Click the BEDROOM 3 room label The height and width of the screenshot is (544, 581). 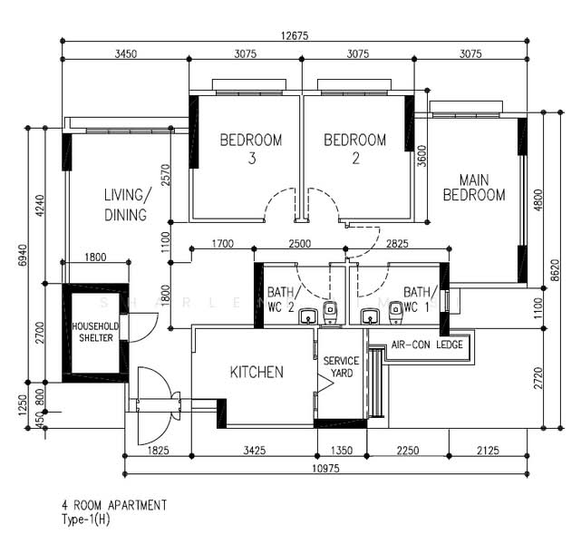(x=251, y=150)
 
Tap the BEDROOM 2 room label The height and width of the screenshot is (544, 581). (x=354, y=150)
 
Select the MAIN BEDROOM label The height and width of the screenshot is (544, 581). (x=473, y=188)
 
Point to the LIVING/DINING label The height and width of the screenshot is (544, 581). (x=125, y=205)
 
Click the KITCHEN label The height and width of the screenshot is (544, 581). (x=257, y=372)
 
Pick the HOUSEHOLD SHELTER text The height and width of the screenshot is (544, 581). (x=93, y=332)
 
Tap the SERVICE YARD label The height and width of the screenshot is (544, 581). (x=341, y=367)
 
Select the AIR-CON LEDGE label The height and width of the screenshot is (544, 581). (x=427, y=345)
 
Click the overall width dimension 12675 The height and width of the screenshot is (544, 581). (x=295, y=35)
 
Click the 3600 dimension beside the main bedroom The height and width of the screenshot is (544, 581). (x=421, y=156)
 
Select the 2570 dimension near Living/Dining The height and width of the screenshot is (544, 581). (x=165, y=174)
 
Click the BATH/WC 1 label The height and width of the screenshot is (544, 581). (x=421, y=299)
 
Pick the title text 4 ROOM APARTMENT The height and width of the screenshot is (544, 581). (x=114, y=505)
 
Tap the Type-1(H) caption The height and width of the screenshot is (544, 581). (x=87, y=520)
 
